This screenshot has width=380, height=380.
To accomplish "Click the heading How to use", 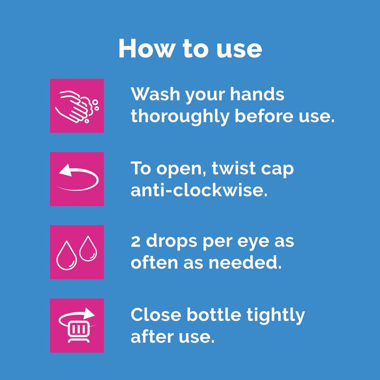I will (x=190, y=49).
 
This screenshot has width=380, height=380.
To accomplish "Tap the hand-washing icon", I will (x=77, y=106).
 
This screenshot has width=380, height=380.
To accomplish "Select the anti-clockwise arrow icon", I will (x=77, y=179).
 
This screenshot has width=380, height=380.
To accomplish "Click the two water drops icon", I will (x=77, y=252).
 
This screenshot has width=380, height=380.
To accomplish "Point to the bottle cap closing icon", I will (x=77, y=325).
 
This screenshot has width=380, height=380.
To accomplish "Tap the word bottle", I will (x=214, y=315).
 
